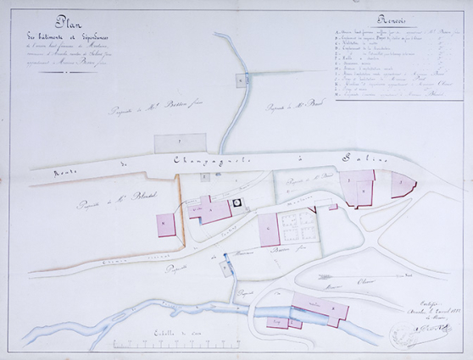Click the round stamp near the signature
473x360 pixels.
(x=404, y=335)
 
